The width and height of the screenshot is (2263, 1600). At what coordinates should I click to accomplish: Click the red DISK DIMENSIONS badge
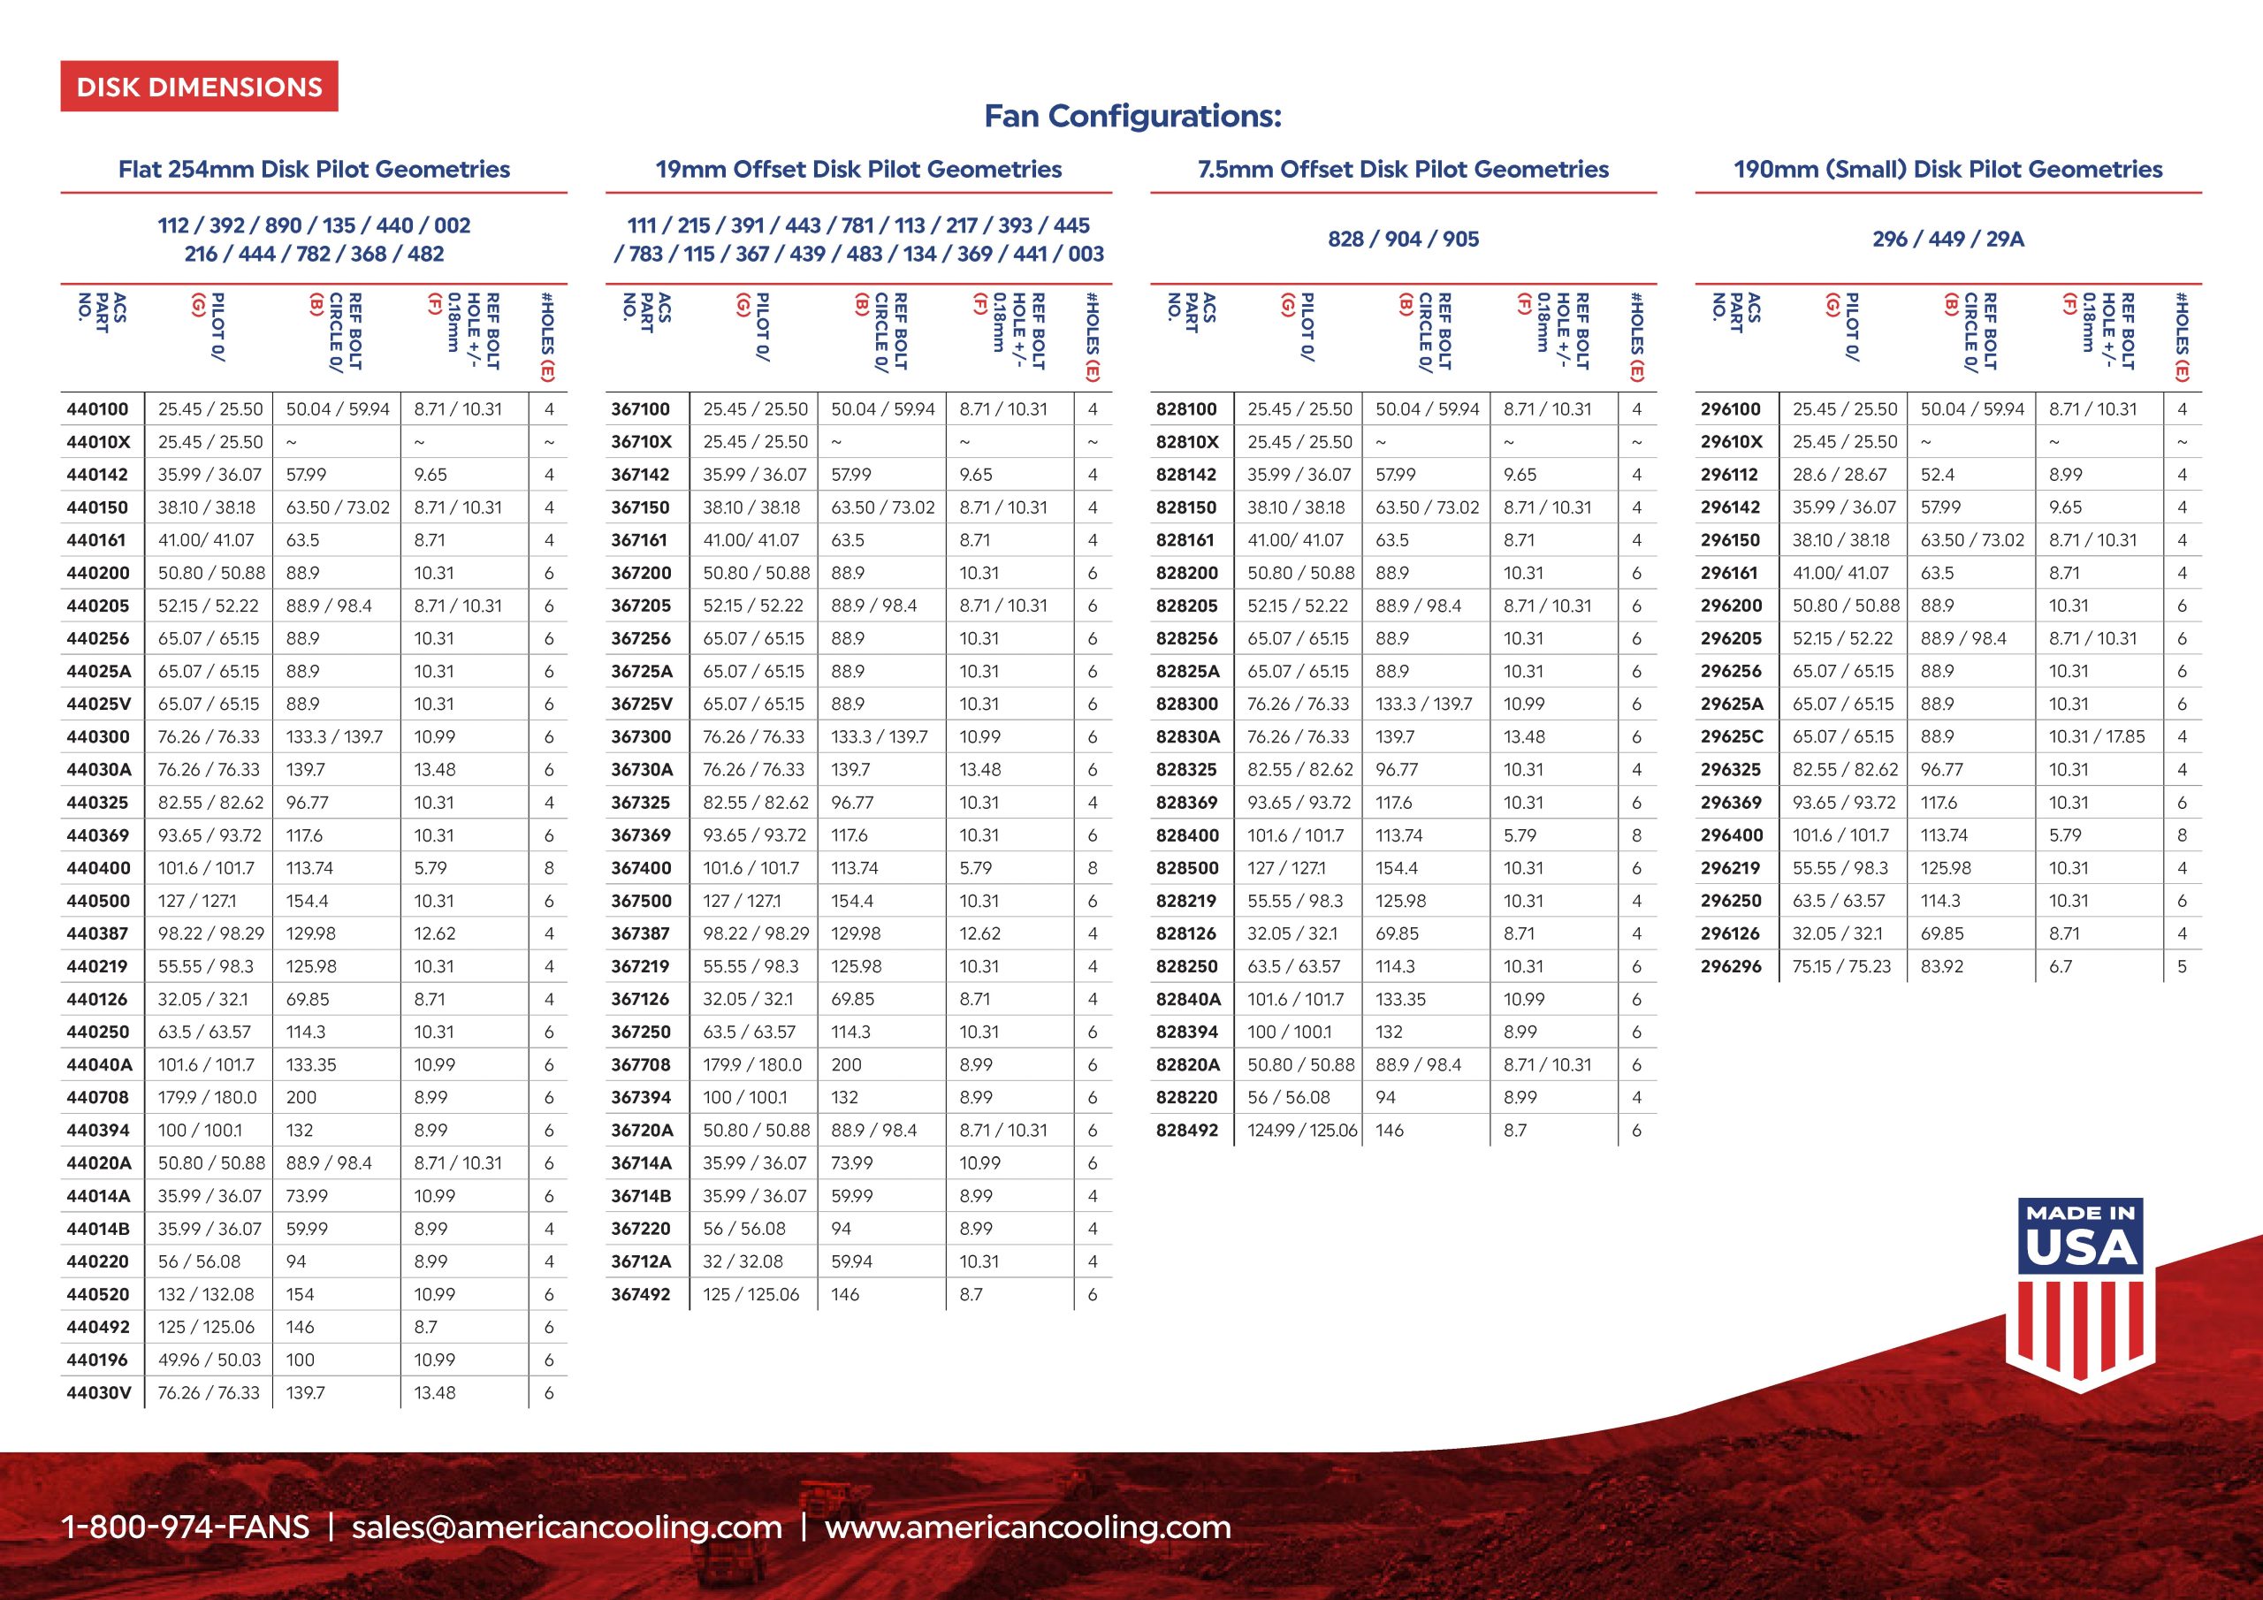[x=199, y=87]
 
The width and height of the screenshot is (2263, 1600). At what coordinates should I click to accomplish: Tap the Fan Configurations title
[x=1132, y=117]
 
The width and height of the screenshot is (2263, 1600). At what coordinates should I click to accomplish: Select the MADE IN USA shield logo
[x=2081, y=1292]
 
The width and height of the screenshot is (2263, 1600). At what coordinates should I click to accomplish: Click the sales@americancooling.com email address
[x=567, y=1527]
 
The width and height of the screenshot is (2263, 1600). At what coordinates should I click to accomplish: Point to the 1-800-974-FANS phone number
[x=186, y=1527]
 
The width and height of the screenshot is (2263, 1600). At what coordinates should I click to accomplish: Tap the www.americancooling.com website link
[x=1028, y=1527]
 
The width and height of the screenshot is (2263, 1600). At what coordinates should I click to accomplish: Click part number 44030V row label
[x=98, y=1393]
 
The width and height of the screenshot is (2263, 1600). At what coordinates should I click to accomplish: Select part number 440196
[x=97, y=1360]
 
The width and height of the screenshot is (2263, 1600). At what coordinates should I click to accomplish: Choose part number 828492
[x=1186, y=1131]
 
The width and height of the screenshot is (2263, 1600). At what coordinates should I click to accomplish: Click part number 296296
[x=1731, y=967]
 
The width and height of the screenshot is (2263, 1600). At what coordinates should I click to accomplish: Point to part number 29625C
[x=1731, y=737]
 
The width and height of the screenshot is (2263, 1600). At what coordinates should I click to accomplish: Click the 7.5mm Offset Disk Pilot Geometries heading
[x=1403, y=170]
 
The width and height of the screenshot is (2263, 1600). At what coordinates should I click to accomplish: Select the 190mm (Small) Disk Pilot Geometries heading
[x=1947, y=170]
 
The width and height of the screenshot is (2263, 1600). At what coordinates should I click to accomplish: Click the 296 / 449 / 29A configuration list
[x=1947, y=240]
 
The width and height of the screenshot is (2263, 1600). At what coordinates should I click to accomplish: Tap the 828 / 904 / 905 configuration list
[x=1403, y=240]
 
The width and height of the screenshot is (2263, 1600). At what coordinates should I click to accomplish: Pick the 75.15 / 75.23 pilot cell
[x=1841, y=967]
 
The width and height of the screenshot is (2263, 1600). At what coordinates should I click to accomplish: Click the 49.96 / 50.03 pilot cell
[x=209, y=1360]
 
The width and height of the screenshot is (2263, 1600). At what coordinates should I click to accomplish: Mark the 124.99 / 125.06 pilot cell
[x=1302, y=1131]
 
